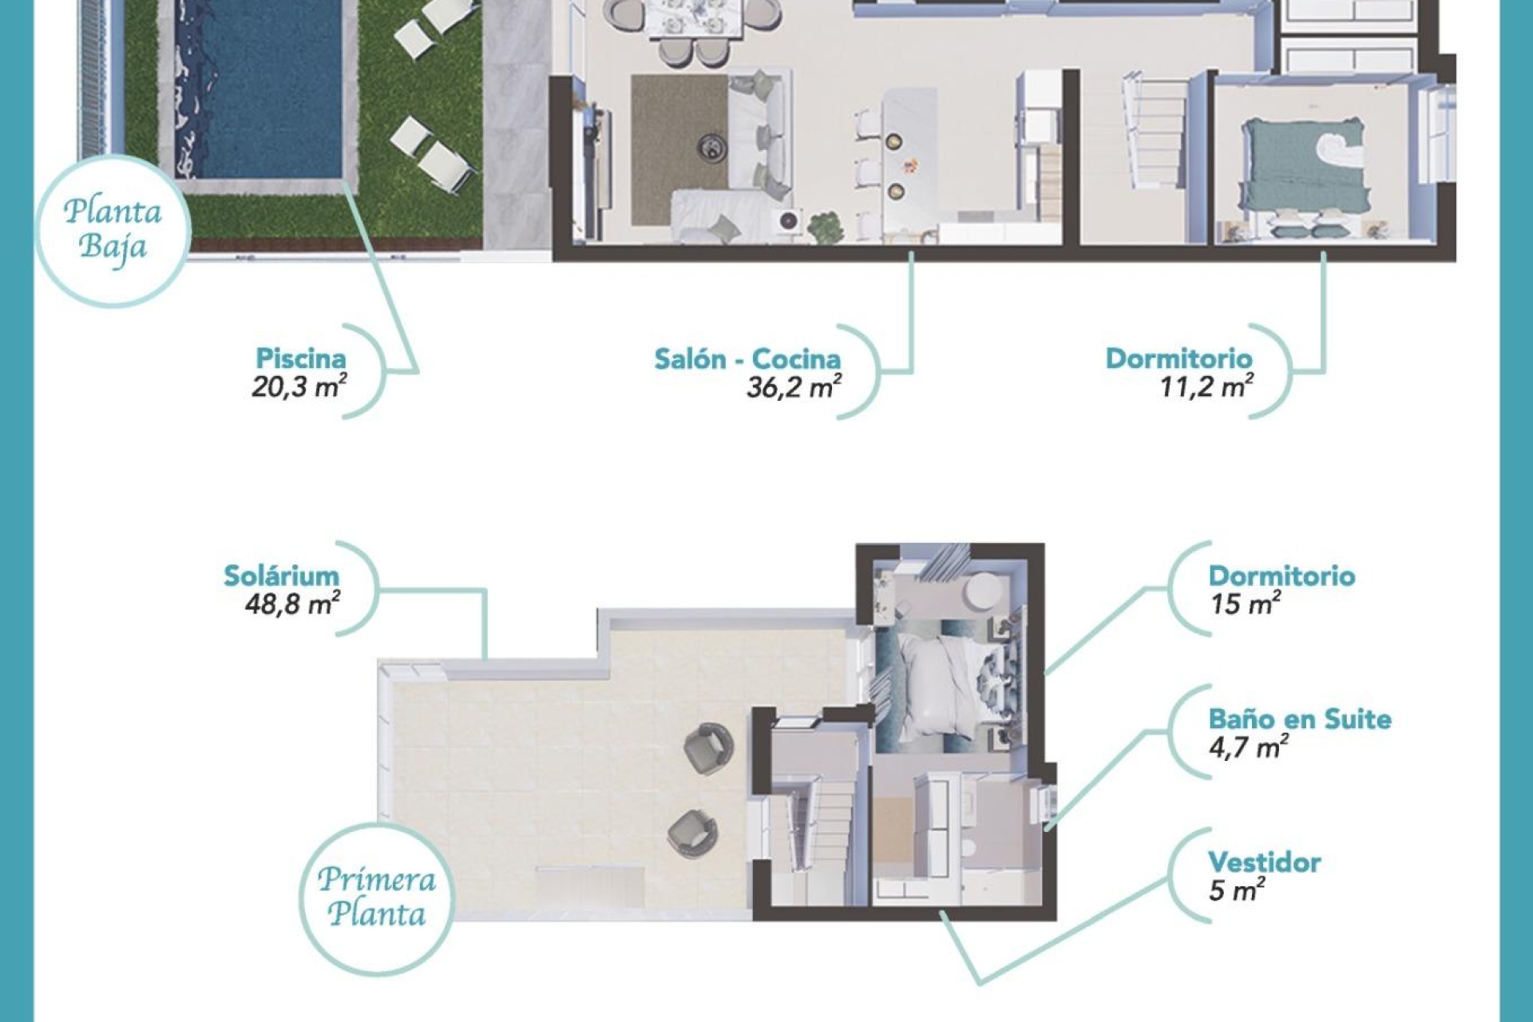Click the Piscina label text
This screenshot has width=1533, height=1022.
tap(300, 358)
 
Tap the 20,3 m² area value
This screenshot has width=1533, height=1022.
tap(299, 387)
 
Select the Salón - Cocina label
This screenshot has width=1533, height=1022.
tap(747, 358)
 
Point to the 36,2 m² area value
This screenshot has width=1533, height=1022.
tap(794, 387)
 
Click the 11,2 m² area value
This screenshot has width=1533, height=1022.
tap(1206, 387)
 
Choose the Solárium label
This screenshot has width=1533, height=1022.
tap(281, 576)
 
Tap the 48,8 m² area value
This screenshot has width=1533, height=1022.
tap(292, 604)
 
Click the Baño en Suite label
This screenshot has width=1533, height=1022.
tap(1299, 719)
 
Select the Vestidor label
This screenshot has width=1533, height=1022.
tap(1264, 862)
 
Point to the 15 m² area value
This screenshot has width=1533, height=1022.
tap(1245, 604)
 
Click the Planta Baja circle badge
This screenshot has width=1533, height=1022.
tap(113, 230)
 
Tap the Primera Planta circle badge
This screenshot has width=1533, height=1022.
tap(376, 897)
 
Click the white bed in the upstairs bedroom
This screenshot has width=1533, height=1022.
tap(942, 687)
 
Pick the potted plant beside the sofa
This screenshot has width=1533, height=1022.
tap(825, 228)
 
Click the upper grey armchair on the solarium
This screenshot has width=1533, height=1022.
tap(708, 748)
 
